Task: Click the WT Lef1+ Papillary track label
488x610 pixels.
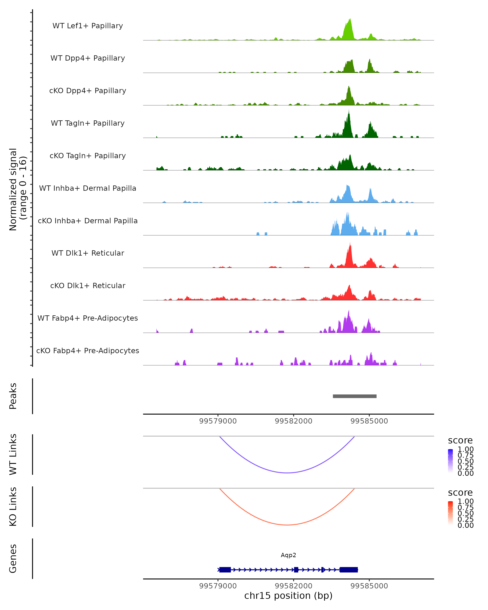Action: tap(88, 26)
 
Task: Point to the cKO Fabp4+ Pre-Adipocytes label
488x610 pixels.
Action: tap(88, 351)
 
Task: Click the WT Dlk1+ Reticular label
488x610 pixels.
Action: tap(88, 253)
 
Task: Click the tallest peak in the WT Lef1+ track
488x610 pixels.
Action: tap(350, 20)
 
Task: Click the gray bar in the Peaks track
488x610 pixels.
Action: tap(354, 396)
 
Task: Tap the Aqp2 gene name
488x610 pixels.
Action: tap(288, 555)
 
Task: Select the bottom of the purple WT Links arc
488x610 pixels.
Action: tap(287, 473)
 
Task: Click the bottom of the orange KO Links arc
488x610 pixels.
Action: tap(287, 525)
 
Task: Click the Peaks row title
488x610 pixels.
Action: tap(13, 396)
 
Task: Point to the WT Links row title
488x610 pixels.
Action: tap(13, 454)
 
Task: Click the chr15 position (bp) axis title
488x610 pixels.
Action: tap(288, 596)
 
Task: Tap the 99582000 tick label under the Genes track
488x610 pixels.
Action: tap(293, 586)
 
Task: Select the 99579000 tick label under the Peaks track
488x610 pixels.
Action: tap(218, 421)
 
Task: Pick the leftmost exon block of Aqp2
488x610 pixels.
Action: tap(225, 570)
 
